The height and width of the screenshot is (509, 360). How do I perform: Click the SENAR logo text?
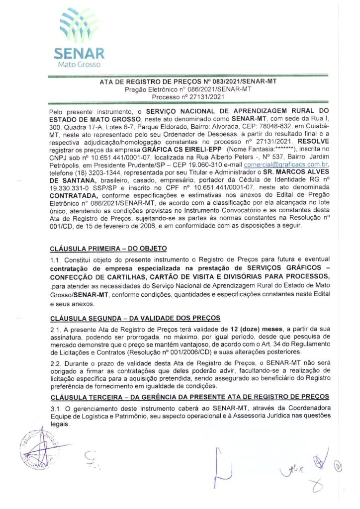[80, 53]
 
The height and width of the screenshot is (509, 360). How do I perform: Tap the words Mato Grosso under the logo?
[80, 65]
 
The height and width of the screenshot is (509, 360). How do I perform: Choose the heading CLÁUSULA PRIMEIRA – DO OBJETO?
[109, 248]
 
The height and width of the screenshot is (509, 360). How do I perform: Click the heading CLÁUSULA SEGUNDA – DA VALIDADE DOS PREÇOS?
[135, 318]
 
